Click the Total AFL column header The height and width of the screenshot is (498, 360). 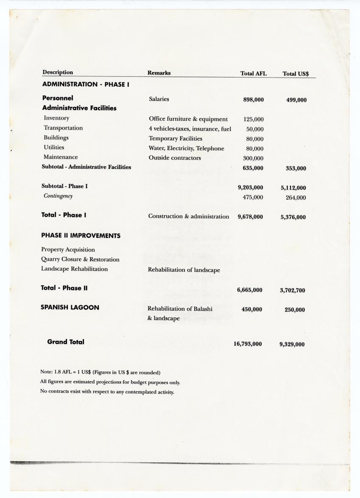click(253, 74)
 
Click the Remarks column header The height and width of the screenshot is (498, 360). click(159, 73)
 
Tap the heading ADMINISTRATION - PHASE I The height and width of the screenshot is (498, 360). click(85, 84)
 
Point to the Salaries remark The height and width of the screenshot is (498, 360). click(159, 99)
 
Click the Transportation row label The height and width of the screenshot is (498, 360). click(63, 128)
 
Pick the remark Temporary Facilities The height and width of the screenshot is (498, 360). click(176, 139)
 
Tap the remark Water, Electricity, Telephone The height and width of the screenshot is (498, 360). click(186, 148)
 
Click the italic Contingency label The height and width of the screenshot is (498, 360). click(58, 196)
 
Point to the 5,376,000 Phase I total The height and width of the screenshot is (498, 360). click(293, 217)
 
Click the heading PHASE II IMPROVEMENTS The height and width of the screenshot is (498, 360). click(81, 236)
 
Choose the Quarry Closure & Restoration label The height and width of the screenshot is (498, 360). click(80, 259)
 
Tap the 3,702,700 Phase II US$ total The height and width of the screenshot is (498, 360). click(292, 291)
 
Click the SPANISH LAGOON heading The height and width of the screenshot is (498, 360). click(70, 308)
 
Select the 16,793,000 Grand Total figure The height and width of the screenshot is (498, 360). click(247, 344)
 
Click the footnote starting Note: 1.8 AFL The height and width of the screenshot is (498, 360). click(100, 372)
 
